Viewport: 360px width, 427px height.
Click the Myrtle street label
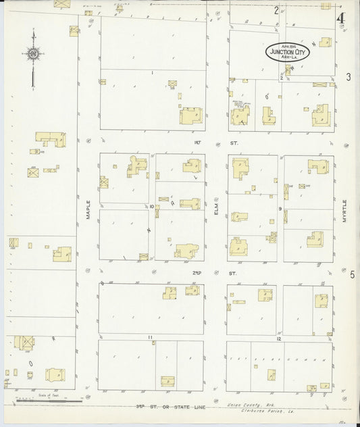click(344, 212)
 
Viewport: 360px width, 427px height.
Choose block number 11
click(151, 337)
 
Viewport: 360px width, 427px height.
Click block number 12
click(278, 338)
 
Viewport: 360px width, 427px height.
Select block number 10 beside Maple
click(152, 207)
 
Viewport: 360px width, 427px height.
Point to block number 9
click(280, 209)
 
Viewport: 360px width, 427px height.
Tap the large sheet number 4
click(340, 16)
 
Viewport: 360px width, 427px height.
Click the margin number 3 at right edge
click(349, 77)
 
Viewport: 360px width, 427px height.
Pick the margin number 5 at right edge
click(352, 274)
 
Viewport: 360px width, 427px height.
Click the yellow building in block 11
click(168, 381)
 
